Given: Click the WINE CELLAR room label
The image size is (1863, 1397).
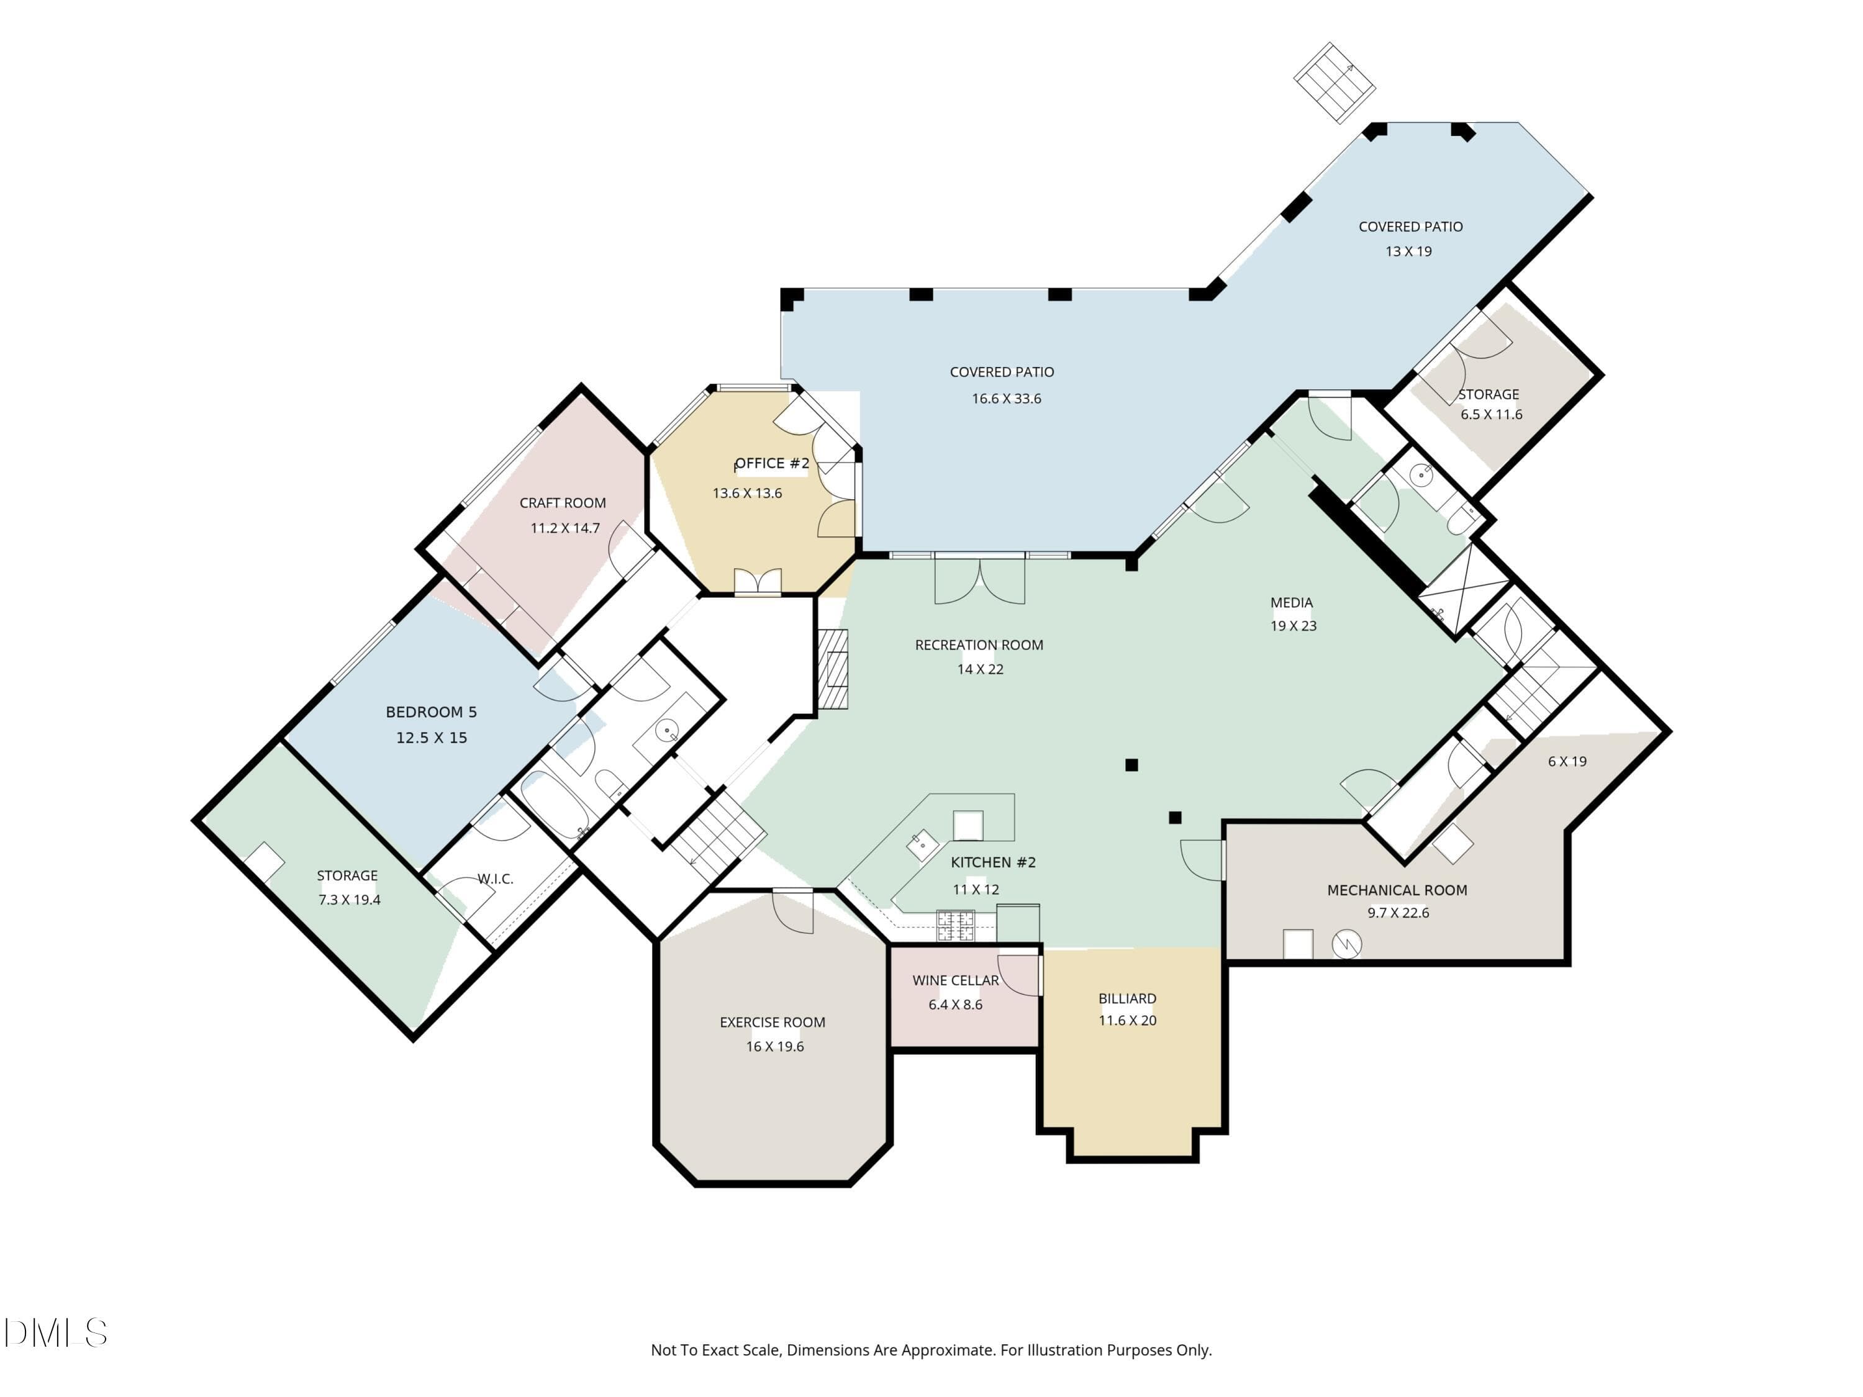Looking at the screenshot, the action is point(955,980).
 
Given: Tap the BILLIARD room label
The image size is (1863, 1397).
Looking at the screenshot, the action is point(1127,998).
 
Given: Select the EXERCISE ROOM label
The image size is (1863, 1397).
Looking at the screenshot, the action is point(773,1022).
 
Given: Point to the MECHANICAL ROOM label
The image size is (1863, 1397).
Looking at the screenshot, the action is point(1397,890).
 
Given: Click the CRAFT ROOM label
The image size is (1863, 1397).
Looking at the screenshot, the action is point(563,503).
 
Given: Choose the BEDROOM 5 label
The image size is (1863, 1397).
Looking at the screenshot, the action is point(431,712).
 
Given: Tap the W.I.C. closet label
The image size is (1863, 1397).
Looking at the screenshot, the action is point(495,879).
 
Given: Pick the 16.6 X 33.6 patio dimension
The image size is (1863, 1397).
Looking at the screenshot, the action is point(1007,399).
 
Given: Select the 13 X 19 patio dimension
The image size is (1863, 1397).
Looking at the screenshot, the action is point(1408,251).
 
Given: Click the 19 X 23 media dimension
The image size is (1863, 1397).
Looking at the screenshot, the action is point(1293,626).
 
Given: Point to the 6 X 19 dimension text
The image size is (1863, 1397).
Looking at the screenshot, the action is point(1567,761).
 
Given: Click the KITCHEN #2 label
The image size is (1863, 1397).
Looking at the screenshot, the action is point(993,862).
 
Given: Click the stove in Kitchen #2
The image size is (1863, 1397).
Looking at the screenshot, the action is point(956,926).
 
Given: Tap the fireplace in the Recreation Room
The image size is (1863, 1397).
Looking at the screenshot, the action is point(835,669).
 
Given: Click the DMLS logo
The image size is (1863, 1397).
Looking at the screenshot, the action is point(56,1333).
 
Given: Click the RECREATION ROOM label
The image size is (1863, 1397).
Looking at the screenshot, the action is point(979,645).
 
